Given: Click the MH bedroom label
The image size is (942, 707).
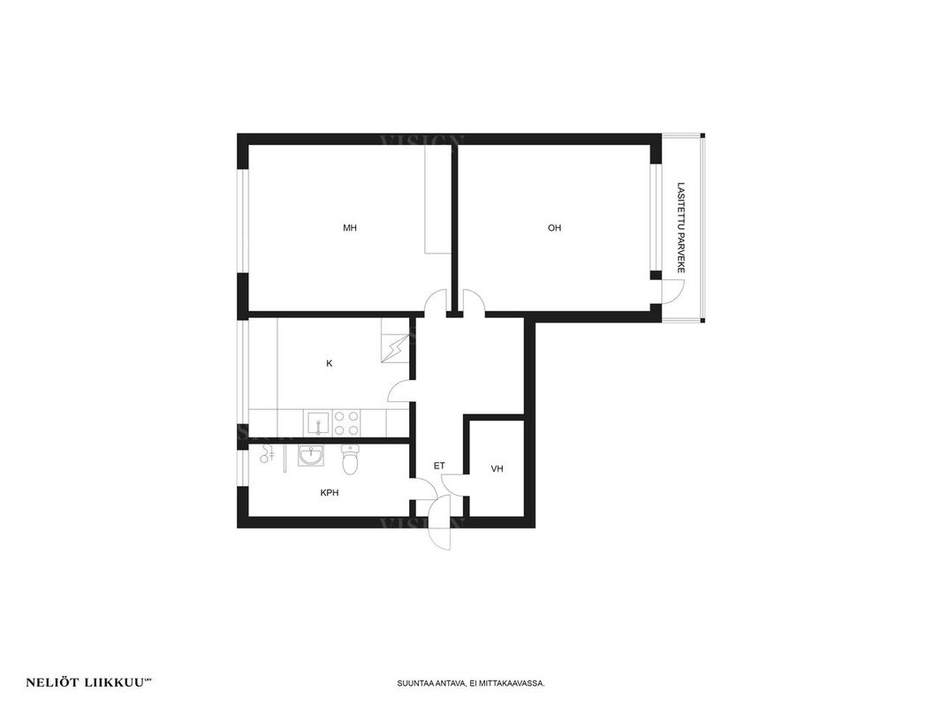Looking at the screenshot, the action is tap(350, 228).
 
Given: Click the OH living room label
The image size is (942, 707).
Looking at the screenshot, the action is tap(554, 228).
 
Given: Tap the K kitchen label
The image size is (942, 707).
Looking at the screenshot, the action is tap(330, 363).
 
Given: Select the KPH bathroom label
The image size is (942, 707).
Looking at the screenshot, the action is tap(330, 492).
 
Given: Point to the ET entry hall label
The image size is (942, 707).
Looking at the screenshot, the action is tap(439, 466).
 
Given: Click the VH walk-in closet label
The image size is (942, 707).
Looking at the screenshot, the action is tap(497, 468).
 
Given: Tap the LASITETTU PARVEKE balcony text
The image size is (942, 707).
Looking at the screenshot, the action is tap(680, 228).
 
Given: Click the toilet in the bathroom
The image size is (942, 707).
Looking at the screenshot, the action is tap(350, 459).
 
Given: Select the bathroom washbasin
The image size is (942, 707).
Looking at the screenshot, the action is tap(310, 456).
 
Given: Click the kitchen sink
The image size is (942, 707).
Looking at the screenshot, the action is tap(316, 423).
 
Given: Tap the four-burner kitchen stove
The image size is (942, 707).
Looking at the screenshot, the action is tap(346, 423).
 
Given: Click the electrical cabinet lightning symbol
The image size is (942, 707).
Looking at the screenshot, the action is tap(395, 347).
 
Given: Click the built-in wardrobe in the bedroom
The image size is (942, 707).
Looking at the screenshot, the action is tap(438, 200).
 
